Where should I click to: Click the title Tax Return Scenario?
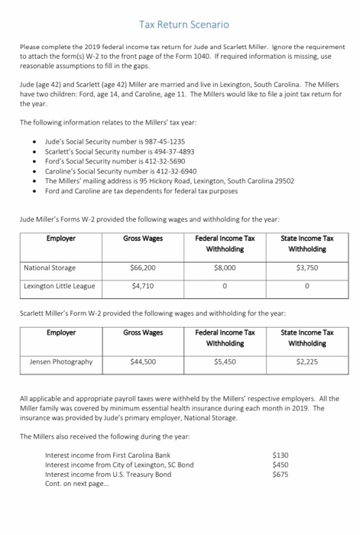[179, 25]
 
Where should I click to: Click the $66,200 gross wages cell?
[143, 267]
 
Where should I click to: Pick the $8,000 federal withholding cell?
[225, 267]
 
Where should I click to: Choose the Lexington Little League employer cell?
[60, 286]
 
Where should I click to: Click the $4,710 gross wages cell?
[143, 286]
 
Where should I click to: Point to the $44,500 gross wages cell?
[143, 362]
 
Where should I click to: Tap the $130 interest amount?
[281, 454]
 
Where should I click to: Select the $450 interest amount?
[281, 464]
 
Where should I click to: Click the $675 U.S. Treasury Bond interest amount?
[281, 473]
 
